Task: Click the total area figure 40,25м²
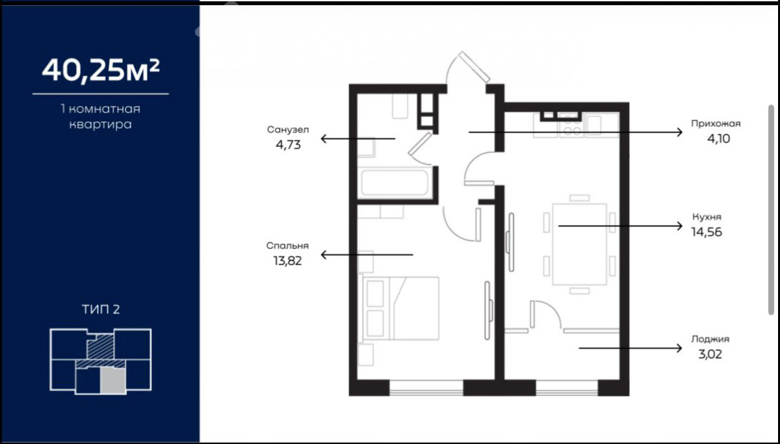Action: click(101, 70)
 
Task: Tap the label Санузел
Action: click(288, 129)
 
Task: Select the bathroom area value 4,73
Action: click(289, 145)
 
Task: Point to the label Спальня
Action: click(287, 246)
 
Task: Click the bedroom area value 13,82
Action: click(287, 261)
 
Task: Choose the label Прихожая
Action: click(716, 124)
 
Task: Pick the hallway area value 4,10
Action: click(718, 138)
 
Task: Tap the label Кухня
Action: click(707, 216)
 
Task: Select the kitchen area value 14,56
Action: click(707, 232)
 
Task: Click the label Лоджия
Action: click(710, 339)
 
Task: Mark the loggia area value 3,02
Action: click(710, 354)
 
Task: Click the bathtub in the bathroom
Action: click(395, 183)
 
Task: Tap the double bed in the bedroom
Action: click(401, 308)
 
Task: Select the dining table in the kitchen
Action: click(579, 244)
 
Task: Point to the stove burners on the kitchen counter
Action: click(572, 127)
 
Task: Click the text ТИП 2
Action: click(101, 309)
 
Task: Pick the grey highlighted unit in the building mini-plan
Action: click(113, 381)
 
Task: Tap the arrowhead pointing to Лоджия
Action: click(679, 348)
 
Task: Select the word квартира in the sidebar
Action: click(101, 124)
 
